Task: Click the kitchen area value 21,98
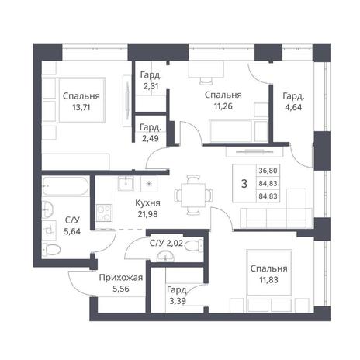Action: point(147,214)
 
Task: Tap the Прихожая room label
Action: point(121,278)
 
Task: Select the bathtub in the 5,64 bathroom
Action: point(66,186)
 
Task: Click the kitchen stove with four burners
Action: point(104,213)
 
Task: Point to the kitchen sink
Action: point(126,183)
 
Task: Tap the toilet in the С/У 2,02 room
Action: point(193,245)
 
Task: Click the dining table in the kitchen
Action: point(193,195)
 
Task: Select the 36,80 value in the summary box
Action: point(268,171)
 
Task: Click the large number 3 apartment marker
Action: point(244,184)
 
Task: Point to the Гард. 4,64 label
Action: point(293,102)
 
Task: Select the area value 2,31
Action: point(151,86)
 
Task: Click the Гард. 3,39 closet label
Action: point(177,296)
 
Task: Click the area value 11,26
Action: point(223,106)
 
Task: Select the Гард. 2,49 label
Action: point(151,133)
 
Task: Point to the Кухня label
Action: point(147,203)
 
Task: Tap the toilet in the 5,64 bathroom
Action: point(51,250)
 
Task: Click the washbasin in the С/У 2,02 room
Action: point(165,256)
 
